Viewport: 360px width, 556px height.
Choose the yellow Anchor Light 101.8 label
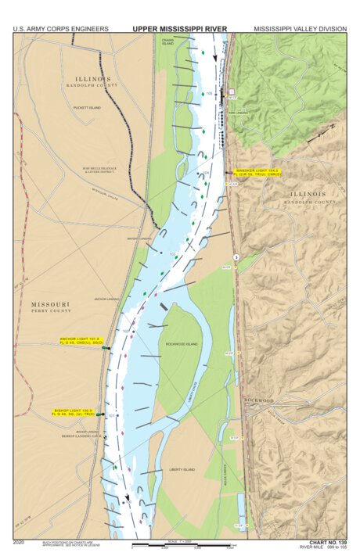83,340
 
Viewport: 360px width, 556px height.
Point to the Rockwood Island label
182,343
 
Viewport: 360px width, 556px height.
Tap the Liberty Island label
182,469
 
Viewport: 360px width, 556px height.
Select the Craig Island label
167,42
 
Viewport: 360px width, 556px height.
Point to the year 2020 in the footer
20,541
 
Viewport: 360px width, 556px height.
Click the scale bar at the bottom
179,544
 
